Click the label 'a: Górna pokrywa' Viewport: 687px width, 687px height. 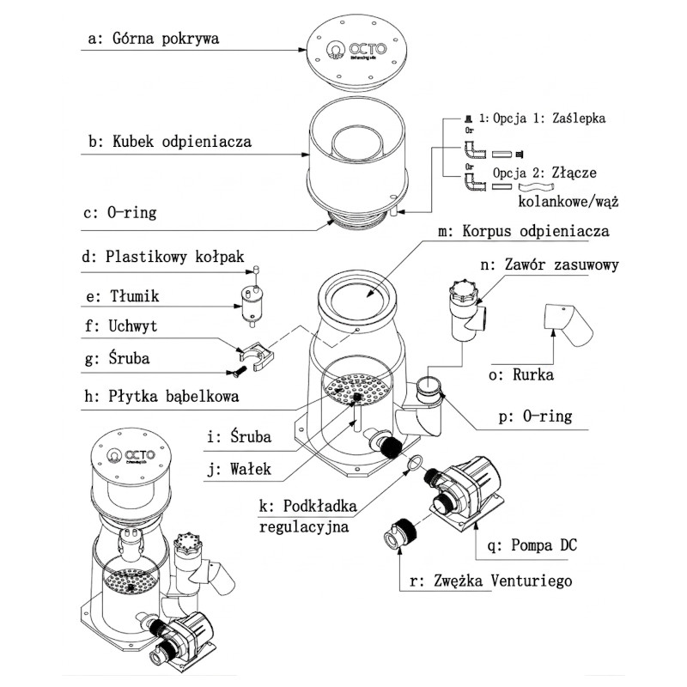(x=154, y=39)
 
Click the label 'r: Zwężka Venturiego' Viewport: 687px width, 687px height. (x=491, y=581)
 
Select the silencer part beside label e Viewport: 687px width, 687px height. (x=251, y=302)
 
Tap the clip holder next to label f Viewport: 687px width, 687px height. (x=255, y=351)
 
